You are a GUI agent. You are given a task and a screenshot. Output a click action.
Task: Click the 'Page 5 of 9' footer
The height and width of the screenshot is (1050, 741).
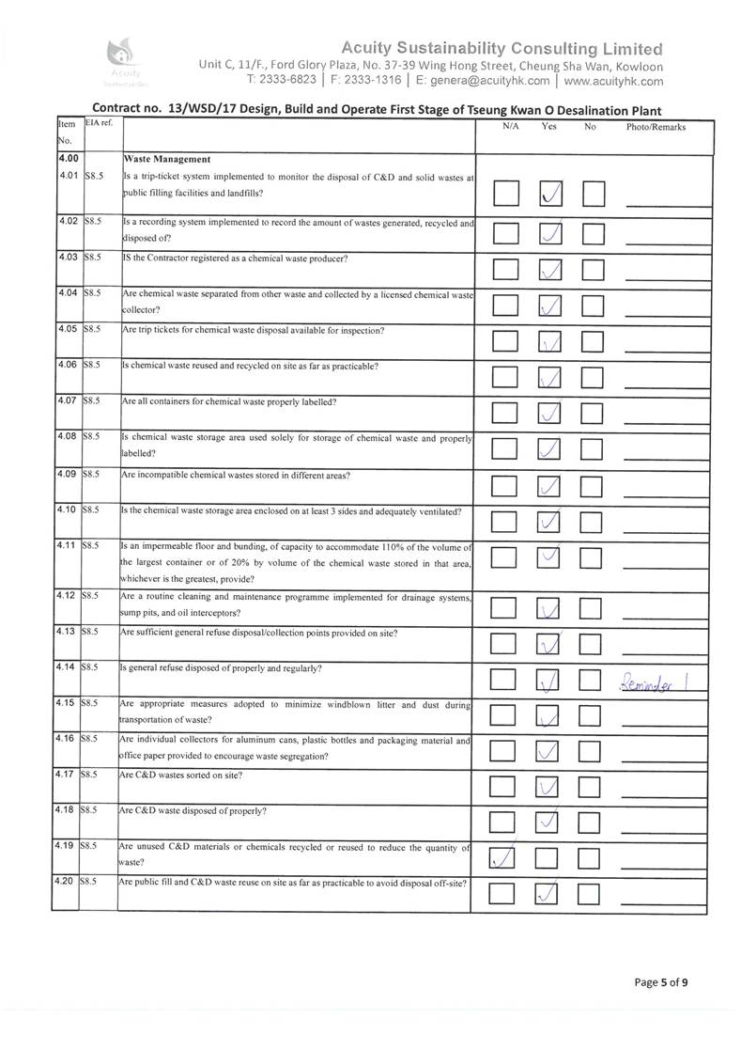[661, 982]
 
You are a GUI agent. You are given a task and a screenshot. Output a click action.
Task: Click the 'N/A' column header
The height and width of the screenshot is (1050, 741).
[511, 127]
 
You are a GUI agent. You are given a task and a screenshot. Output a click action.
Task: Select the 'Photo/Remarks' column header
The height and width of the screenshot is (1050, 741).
[656, 127]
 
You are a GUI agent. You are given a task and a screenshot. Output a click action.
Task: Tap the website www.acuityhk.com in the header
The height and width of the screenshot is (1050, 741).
[614, 81]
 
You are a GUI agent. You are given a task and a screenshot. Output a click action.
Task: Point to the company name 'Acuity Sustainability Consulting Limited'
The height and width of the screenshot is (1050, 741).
[502, 49]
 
